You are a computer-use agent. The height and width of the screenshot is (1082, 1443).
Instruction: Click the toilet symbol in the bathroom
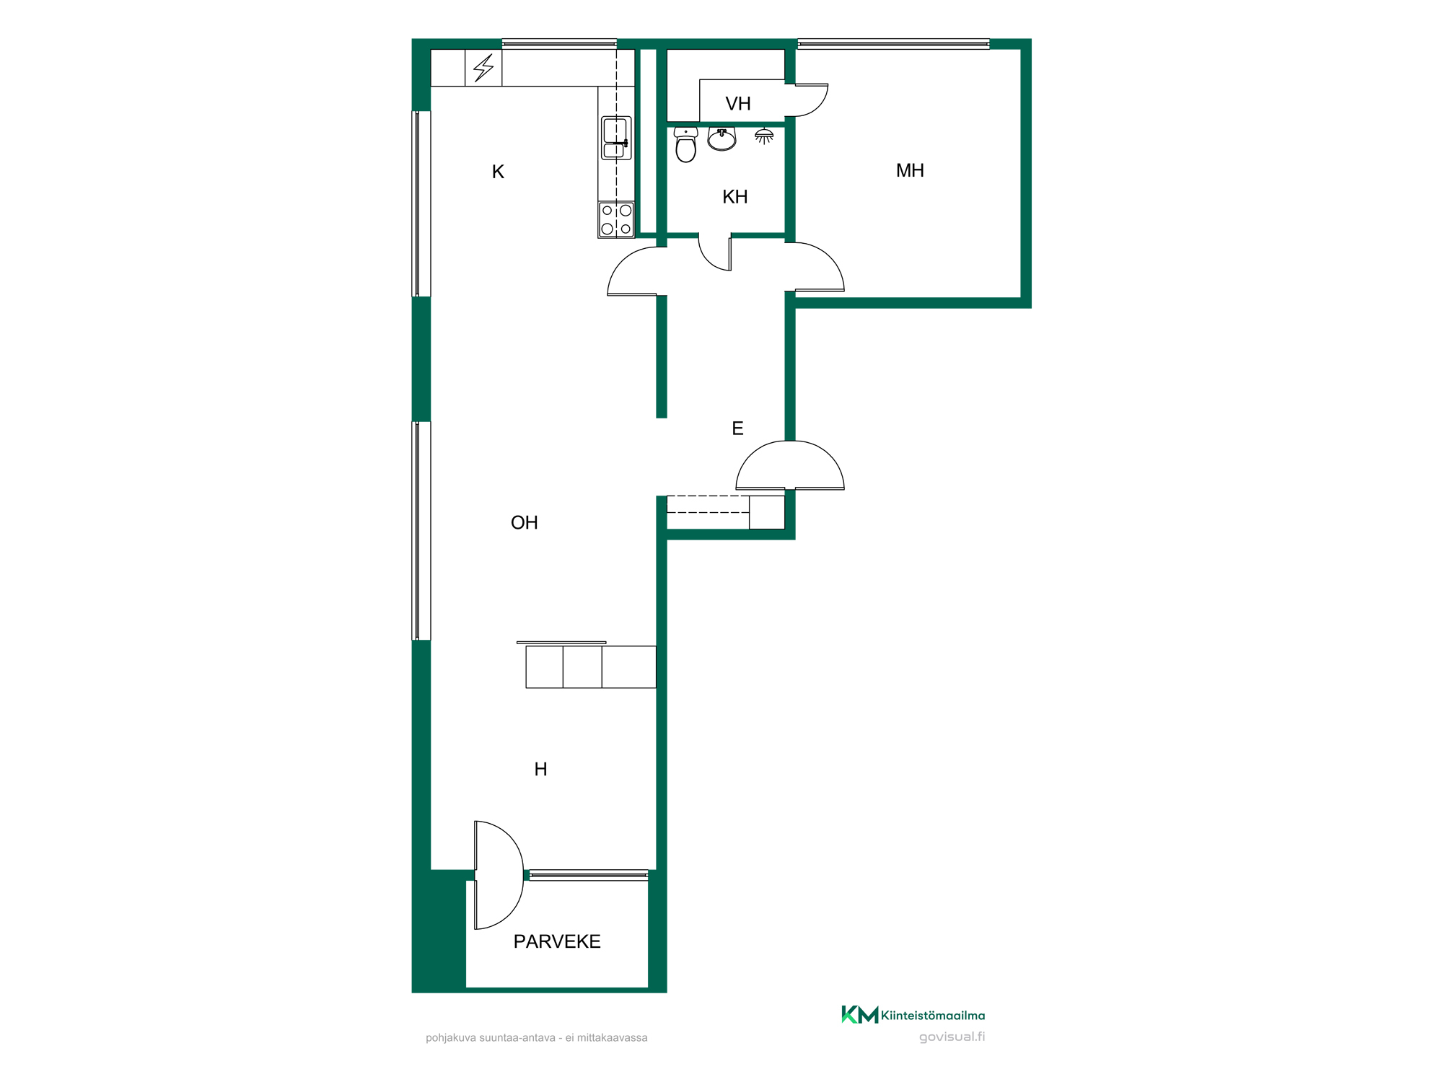pyautogui.click(x=685, y=144)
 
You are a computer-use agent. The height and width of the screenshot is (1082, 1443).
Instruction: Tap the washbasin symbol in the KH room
pyautogui.click(x=721, y=138)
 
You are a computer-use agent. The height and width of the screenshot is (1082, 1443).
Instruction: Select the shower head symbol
pyautogui.click(x=764, y=136)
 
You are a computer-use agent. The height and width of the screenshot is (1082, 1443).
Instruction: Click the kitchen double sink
pyautogui.click(x=616, y=138)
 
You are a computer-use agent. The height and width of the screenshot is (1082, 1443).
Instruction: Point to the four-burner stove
pyautogui.click(x=616, y=219)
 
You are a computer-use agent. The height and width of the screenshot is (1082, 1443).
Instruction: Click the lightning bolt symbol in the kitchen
pyautogui.click(x=483, y=68)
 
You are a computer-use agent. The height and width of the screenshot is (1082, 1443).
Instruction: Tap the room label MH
pyautogui.click(x=910, y=170)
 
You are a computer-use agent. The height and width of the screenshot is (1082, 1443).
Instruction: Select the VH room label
pyautogui.click(x=738, y=104)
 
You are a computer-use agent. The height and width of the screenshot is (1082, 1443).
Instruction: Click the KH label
pyautogui.click(x=734, y=197)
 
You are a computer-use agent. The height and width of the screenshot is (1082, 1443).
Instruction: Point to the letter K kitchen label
pyautogui.click(x=498, y=172)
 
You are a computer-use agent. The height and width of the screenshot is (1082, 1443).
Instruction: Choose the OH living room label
pyautogui.click(x=525, y=522)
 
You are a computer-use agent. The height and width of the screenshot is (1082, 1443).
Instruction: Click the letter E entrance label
pyautogui.click(x=737, y=428)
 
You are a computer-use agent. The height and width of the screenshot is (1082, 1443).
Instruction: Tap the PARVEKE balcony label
pyautogui.click(x=557, y=941)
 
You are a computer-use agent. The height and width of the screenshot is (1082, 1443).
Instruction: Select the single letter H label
pyautogui.click(x=540, y=769)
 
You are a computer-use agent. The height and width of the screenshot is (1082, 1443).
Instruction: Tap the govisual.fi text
pyautogui.click(x=952, y=1037)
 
